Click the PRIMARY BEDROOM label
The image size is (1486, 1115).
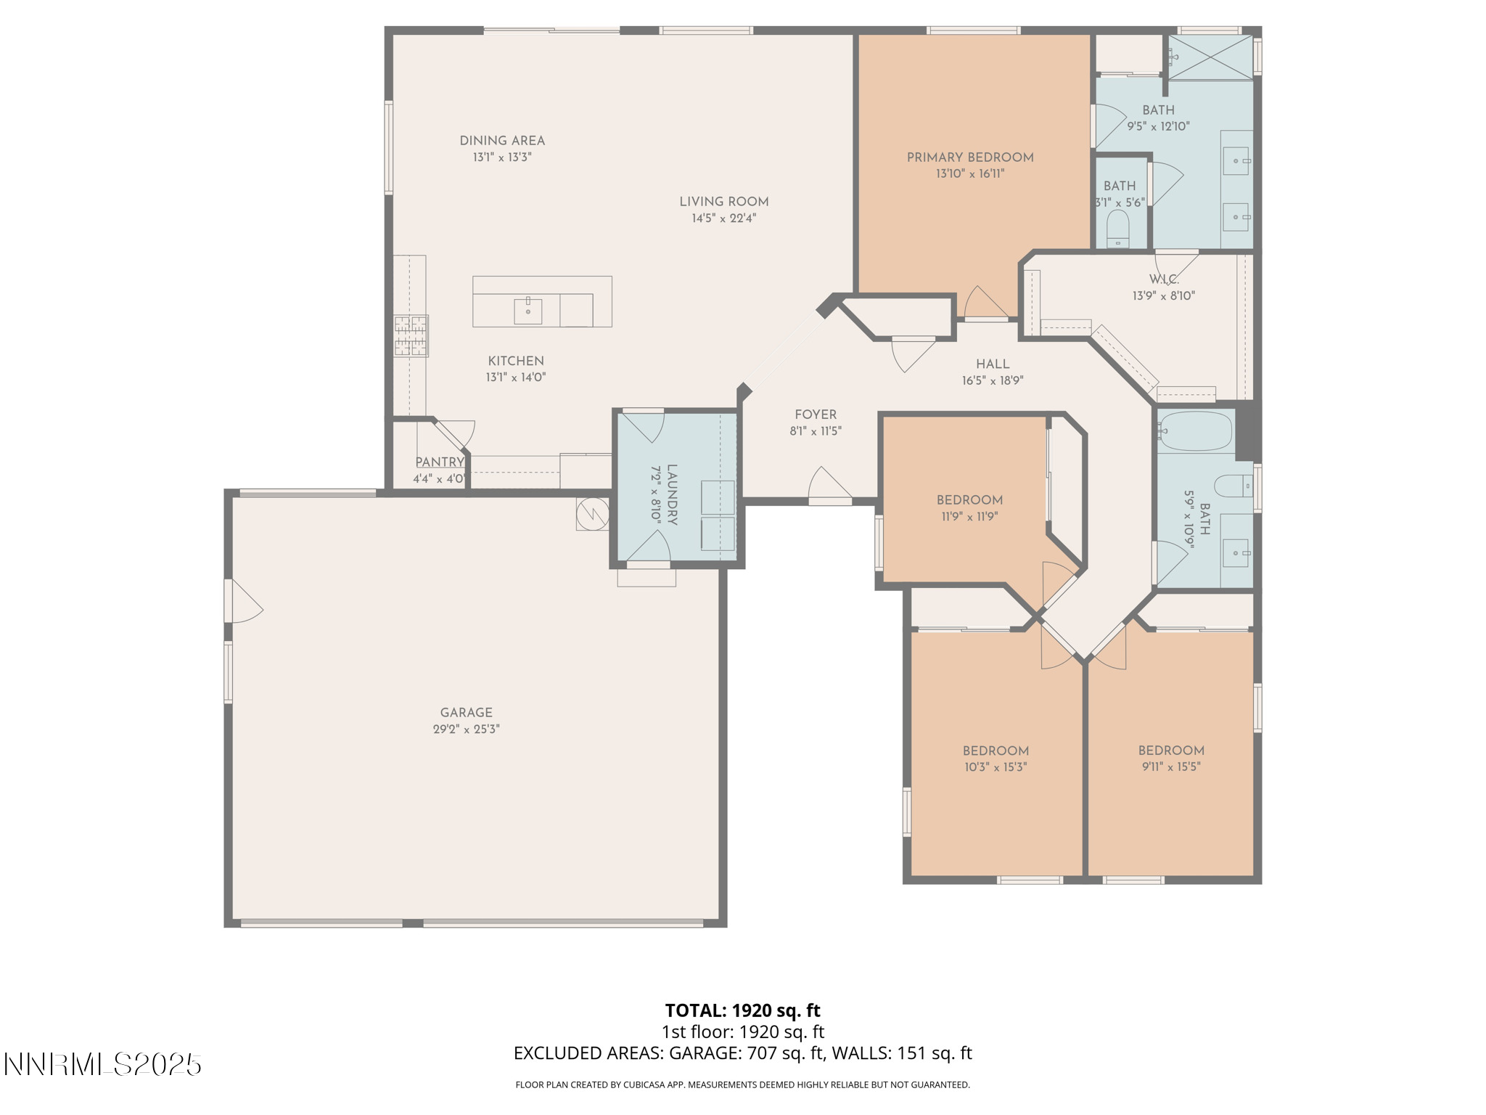(x=969, y=158)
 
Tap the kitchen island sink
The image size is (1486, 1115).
(x=528, y=311)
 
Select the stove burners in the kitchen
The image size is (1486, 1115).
(x=411, y=335)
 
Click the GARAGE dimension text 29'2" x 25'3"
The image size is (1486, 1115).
(x=466, y=729)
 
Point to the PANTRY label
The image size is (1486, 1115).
(x=439, y=462)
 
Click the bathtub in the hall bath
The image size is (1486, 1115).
(x=1195, y=431)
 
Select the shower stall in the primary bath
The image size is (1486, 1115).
(x=1210, y=57)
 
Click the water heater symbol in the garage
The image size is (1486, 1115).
(x=591, y=513)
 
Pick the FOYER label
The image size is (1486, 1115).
(x=815, y=414)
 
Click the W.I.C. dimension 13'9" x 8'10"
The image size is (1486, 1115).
(x=1163, y=295)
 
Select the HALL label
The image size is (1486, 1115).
(x=992, y=364)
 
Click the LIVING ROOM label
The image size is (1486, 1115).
(x=723, y=202)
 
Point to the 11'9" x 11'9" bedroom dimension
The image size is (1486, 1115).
(x=969, y=517)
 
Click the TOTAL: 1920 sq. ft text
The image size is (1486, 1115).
(x=742, y=1010)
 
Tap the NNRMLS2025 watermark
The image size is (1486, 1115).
(x=102, y=1064)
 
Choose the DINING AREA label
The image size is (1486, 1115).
(x=502, y=141)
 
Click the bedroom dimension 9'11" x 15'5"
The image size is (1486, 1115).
(x=1170, y=767)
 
